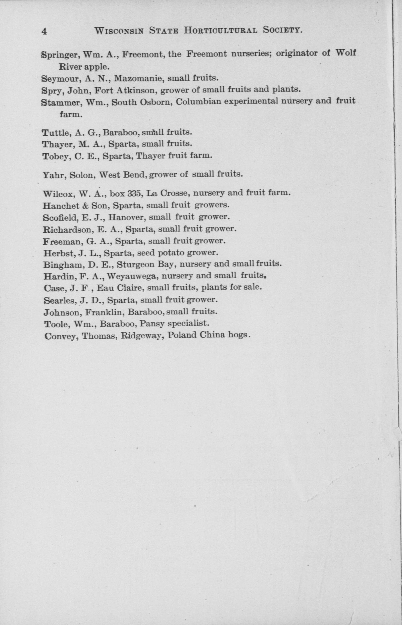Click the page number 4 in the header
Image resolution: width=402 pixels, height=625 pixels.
(x=44, y=32)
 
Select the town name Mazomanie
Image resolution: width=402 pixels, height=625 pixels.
(x=139, y=78)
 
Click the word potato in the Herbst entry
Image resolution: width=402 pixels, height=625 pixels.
(x=170, y=253)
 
